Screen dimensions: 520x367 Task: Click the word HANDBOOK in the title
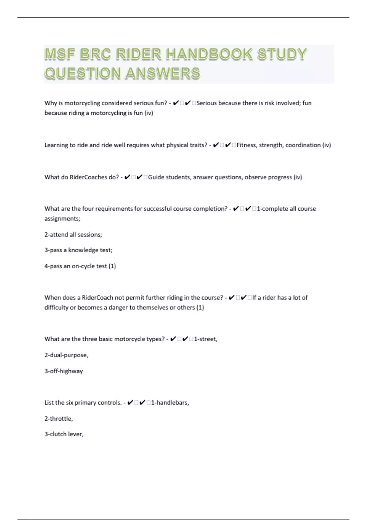coord(209,54)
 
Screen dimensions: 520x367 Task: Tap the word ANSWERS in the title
coord(163,73)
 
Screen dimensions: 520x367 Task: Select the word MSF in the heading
coord(60,54)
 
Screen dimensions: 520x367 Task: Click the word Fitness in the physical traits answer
coord(247,145)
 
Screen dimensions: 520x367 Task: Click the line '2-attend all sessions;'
coord(73,235)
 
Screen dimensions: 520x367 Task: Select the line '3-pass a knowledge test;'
coord(78,250)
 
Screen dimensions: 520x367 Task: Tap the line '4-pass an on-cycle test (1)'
coord(80,266)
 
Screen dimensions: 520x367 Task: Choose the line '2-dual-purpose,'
coord(66,355)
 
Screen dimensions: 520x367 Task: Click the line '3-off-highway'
coord(64,371)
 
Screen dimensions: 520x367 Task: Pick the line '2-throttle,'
coord(59,418)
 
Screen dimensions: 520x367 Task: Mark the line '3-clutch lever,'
coord(64,434)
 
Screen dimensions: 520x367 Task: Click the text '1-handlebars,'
coord(170,403)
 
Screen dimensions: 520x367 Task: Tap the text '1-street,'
coord(206,339)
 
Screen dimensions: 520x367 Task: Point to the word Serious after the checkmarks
coord(206,103)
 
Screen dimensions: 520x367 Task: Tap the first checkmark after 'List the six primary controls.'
coord(130,403)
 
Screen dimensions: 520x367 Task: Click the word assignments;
coord(62,219)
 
